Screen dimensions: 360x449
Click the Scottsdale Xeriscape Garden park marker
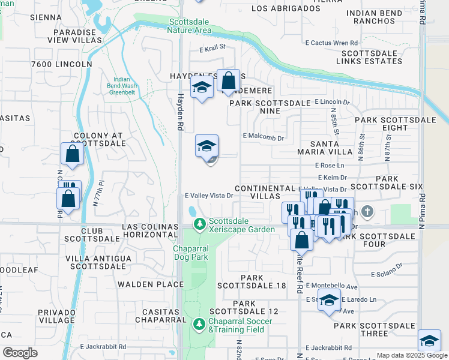(x=200, y=224)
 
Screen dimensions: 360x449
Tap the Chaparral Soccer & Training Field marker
(x=200, y=323)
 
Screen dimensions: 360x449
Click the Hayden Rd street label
(x=180, y=112)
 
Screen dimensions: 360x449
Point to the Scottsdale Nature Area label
(x=189, y=26)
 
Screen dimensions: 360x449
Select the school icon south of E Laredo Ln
(x=328, y=301)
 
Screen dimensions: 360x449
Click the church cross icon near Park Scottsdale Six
(x=367, y=212)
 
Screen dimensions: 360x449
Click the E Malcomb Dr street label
(x=263, y=137)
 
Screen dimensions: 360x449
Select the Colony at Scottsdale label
(x=100, y=140)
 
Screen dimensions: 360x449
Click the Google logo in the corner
(x=19, y=353)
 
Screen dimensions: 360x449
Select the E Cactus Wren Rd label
(x=331, y=43)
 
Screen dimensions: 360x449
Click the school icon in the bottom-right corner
(x=429, y=341)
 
